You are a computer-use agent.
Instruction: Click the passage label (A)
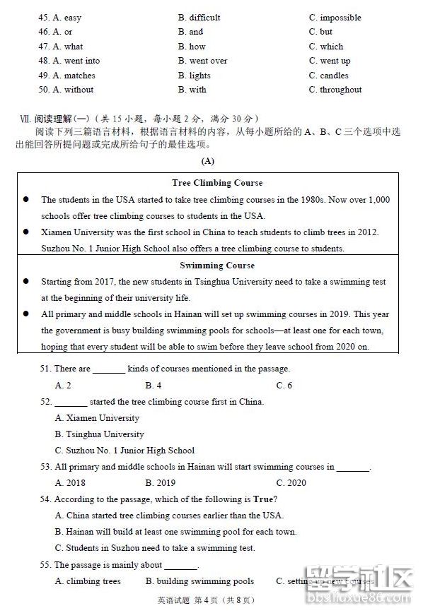207,161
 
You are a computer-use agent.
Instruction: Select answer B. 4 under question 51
153,385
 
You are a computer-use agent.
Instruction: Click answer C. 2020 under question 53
291,483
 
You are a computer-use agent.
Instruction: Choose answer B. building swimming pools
199,581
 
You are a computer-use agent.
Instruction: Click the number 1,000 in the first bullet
378,200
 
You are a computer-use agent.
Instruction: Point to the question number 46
44,32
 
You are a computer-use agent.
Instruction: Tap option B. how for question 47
192,47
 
